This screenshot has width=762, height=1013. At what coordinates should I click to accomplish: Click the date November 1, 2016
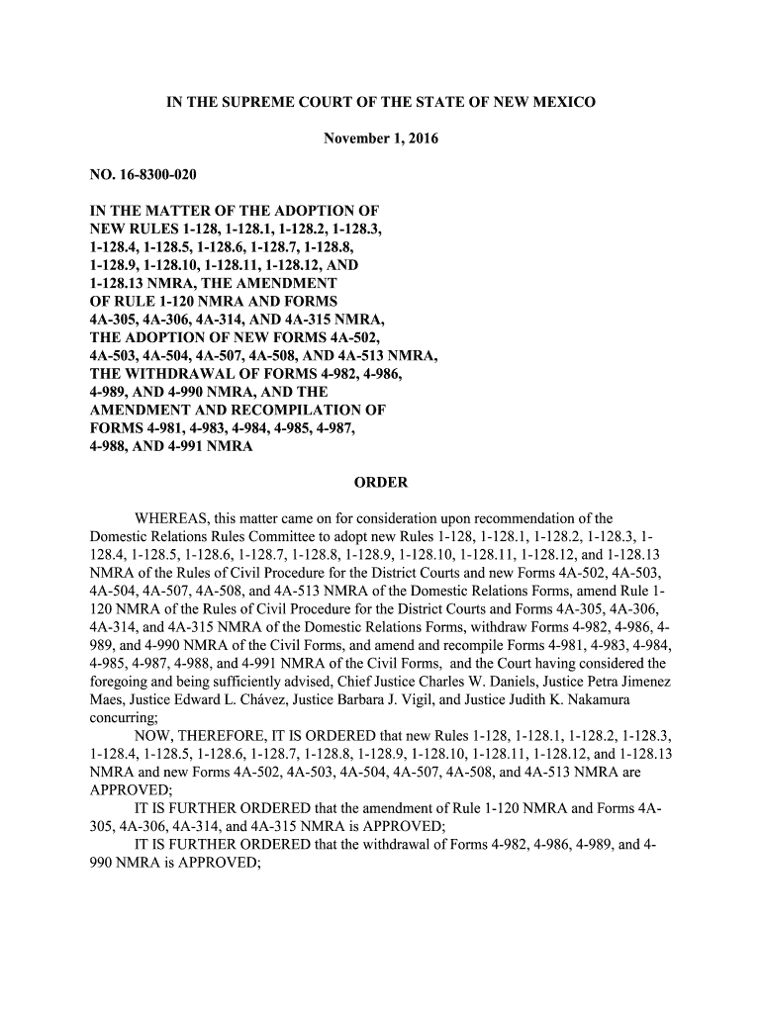click(x=381, y=139)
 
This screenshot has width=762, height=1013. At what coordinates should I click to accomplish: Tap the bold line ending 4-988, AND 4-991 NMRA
click(x=171, y=446)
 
